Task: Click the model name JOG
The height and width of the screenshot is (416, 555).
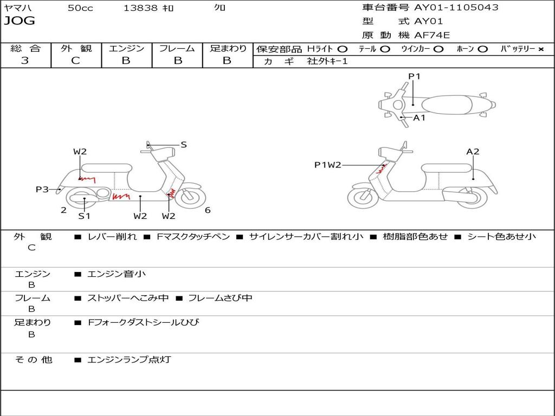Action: point(20,21)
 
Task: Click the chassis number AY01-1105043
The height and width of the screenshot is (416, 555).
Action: point(456,8)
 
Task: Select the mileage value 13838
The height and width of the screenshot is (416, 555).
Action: point(140,8)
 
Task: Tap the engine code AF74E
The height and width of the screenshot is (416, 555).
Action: point(432,35)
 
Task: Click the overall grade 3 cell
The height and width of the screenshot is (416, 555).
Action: point(25,61)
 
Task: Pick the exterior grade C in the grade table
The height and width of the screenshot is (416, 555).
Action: point(75,61)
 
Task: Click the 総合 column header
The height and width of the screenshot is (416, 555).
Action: point(25,49)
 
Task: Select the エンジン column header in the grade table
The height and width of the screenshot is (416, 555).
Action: point(126,49)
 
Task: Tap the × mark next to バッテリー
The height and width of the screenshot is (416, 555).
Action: point(540,49)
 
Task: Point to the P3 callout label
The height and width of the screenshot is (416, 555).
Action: point(42,189)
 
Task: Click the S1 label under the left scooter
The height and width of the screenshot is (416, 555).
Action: point(84,216)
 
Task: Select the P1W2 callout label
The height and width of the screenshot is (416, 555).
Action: point(328,165)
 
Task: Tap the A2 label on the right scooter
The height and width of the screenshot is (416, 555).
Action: point(473,152)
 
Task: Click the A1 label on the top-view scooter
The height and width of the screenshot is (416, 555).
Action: point(420,118)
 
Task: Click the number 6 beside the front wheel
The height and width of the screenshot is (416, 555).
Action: point(208,210)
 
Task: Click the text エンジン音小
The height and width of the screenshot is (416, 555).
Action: point(117,274)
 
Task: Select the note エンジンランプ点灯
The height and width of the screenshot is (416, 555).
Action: point(129,359)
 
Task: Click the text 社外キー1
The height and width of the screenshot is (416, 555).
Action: point(327,61)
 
